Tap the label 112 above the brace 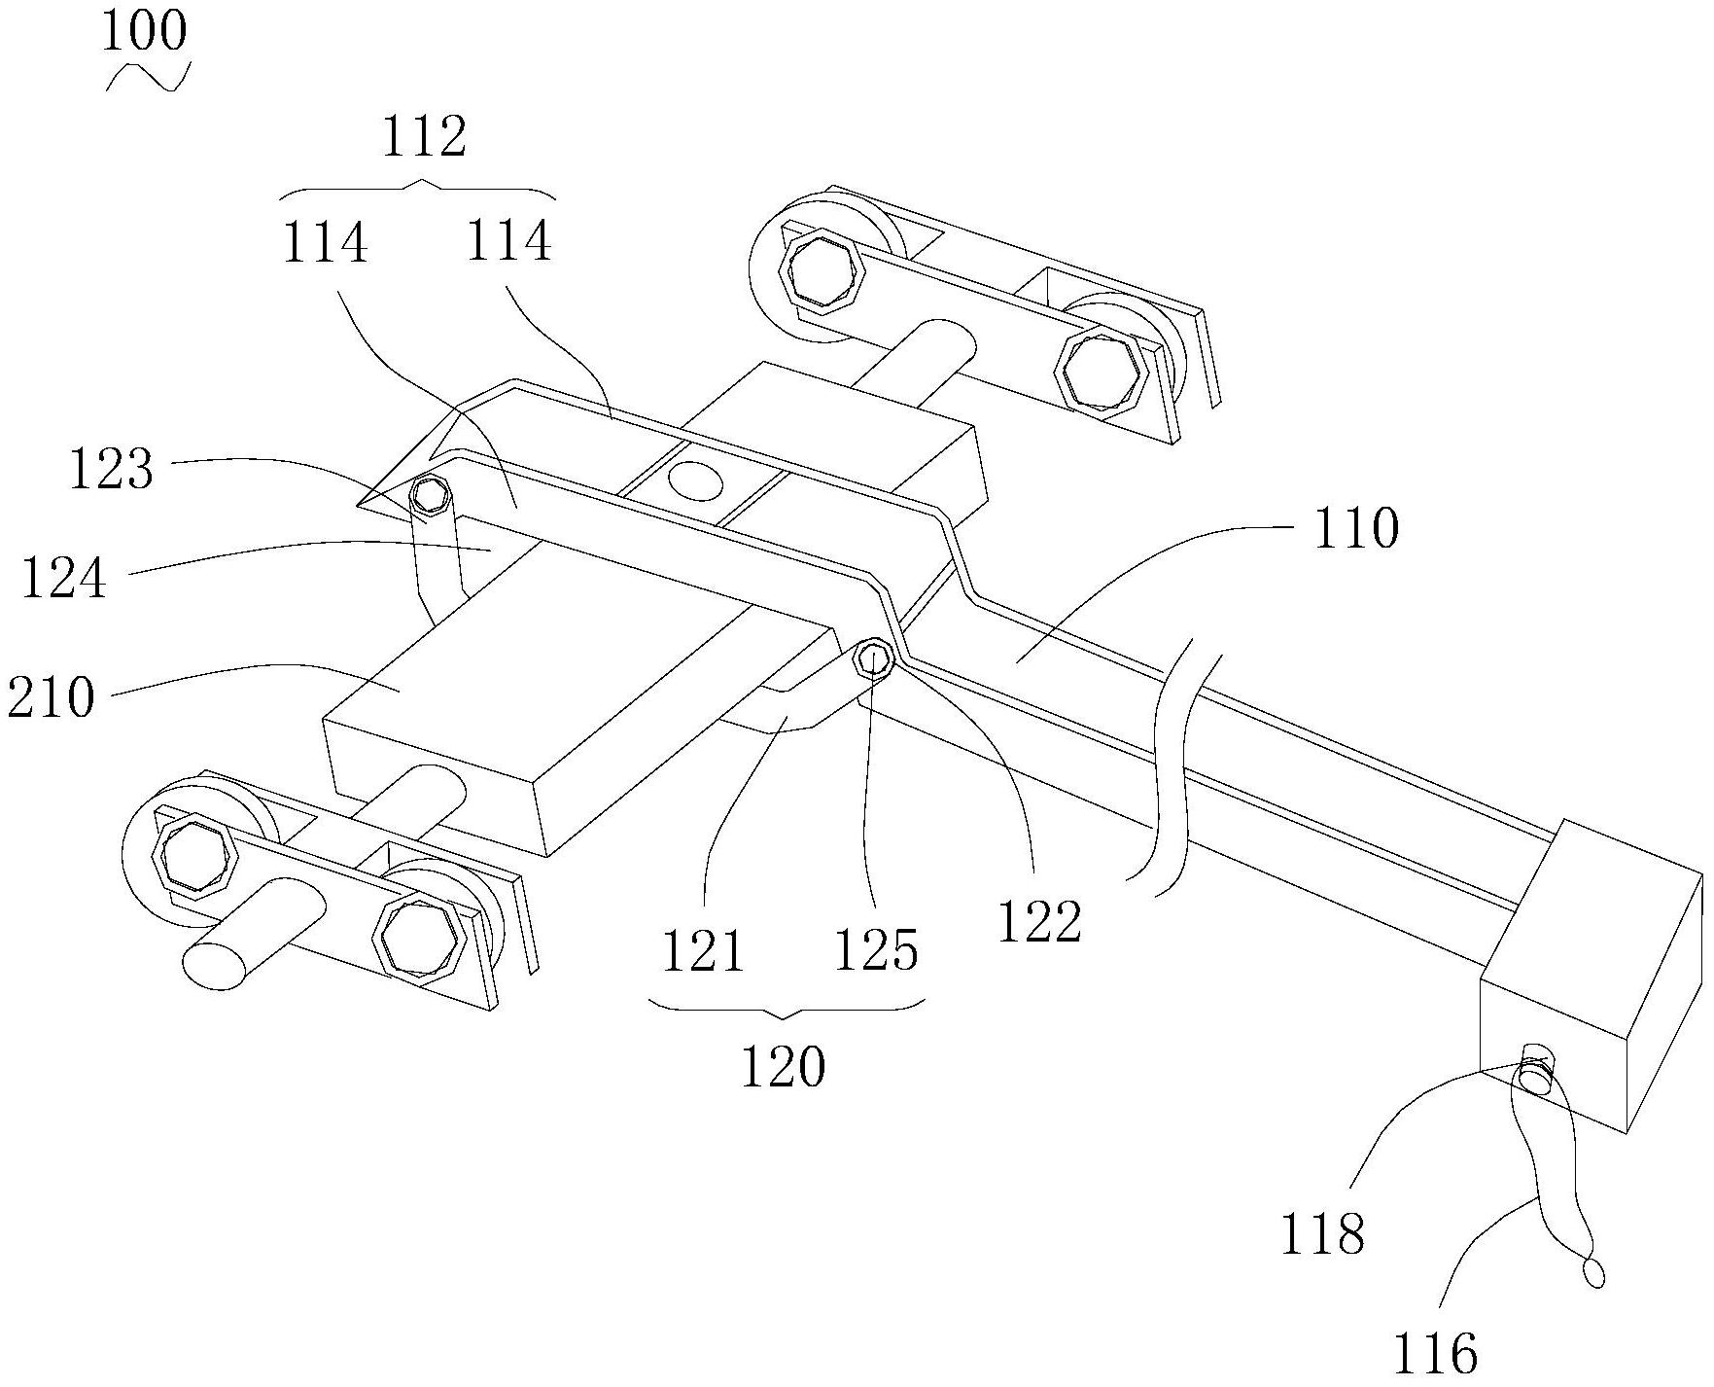pyautogui.click(x=423, y=137)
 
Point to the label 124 pyautogui.click(x=63, y=579)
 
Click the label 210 pyautogui.click(x=52, y=697)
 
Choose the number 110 pyautogui.click(x=1355, y=530)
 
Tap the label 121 pyautogui.click(x=703, y=950)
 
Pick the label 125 pyautogui.click(x=876, y=950)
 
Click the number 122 pyautogui.click(x=1039, y=921)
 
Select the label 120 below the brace pyautogui.click(x=784, y=1067)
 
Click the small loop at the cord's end pyautogui.click(x=1592, y=1271)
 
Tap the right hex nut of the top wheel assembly pyautogui.click(x=1101, y=373)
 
